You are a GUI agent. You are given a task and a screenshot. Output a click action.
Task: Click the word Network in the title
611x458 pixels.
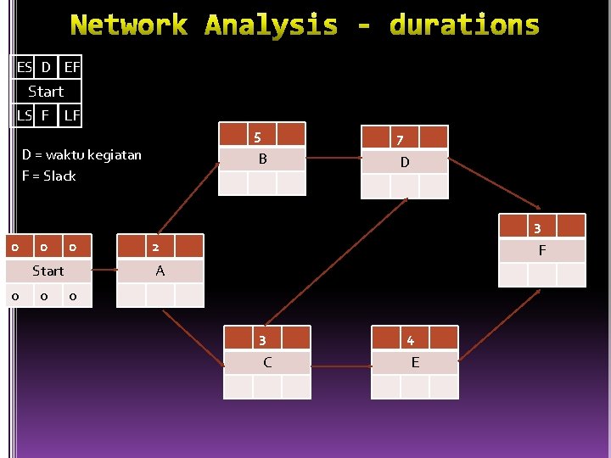coord(128,25)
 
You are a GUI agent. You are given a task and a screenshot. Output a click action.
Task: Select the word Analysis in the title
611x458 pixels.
coord(272,25)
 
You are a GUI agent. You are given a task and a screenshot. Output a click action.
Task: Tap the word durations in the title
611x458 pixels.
coord(464,25)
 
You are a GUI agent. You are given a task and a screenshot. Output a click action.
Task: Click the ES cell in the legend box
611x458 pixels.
coord(24,66)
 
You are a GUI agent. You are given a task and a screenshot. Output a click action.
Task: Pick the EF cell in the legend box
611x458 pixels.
coord(72,66)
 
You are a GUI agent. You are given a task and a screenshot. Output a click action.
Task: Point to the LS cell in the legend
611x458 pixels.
coord(24,114)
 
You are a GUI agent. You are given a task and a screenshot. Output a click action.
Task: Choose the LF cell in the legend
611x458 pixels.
coord(72,114)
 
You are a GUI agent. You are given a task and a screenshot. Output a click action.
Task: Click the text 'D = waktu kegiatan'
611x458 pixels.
coord(81,155)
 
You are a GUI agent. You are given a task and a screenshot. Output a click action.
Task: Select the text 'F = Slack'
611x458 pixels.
coord(49,176)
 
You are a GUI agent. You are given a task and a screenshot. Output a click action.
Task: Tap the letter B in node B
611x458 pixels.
coord(263,159)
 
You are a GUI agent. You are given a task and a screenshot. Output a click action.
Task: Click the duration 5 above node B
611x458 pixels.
coord(257,137)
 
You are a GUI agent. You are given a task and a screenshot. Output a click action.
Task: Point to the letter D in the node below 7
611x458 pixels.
coord(405,162)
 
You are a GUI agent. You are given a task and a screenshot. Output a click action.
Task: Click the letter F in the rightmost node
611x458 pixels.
coord(542,251)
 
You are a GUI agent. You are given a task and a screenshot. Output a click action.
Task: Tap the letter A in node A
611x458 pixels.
coord(160,271)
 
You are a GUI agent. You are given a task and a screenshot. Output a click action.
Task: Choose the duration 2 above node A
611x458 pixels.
coord(155,247)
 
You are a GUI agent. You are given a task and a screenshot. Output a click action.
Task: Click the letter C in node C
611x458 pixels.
coord(267,363)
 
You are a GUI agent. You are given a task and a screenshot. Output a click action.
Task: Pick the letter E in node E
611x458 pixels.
coord(415,363)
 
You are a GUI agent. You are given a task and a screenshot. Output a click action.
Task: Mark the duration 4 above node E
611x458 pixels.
coord(411,341)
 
